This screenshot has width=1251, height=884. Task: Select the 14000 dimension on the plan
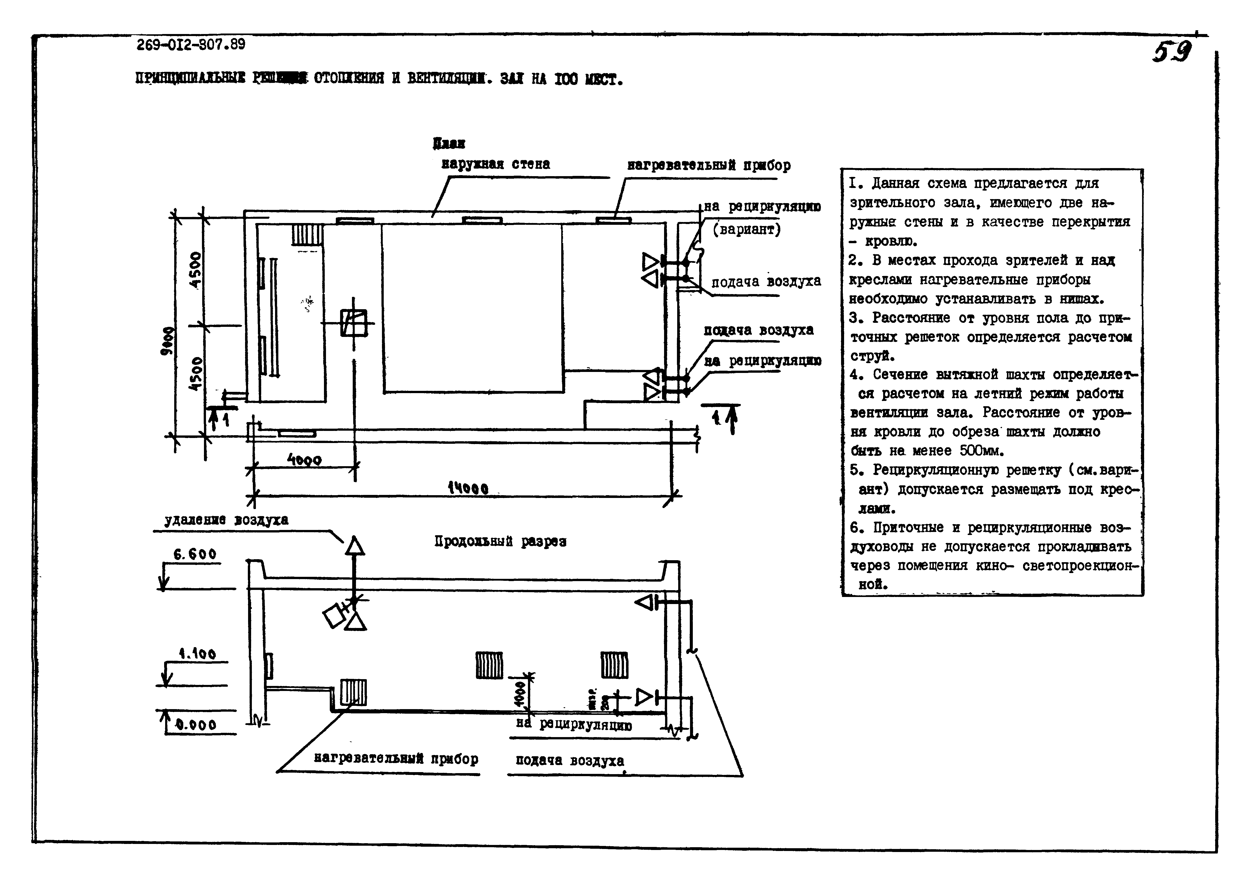pos(467,488)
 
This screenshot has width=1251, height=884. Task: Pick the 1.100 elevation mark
pos(197,654)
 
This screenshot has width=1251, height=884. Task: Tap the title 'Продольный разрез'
pos(500,541)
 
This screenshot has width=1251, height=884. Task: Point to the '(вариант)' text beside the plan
pos(747,229)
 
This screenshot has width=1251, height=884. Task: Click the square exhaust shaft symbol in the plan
pos(353,323)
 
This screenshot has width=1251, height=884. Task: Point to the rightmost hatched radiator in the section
pos(614,665)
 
